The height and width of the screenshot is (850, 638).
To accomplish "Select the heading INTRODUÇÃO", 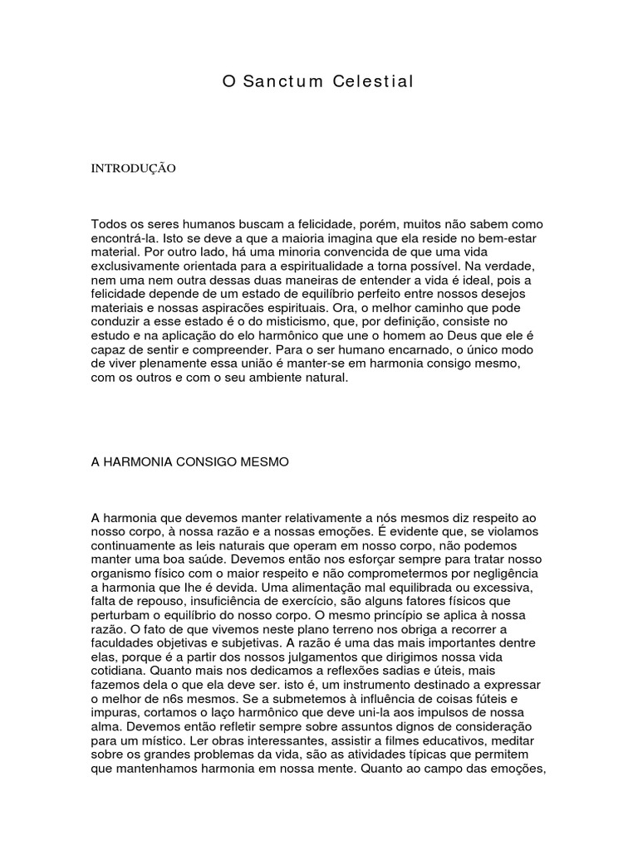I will click(133, 168).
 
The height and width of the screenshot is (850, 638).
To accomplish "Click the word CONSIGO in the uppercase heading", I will click(211, 462).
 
